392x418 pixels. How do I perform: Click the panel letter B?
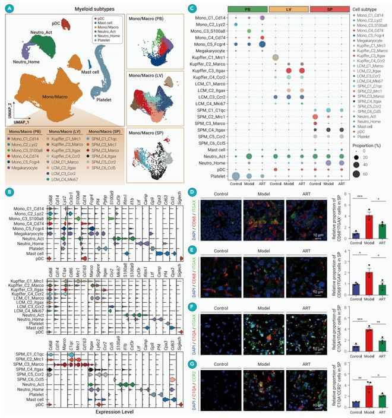[x=7, y=192]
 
